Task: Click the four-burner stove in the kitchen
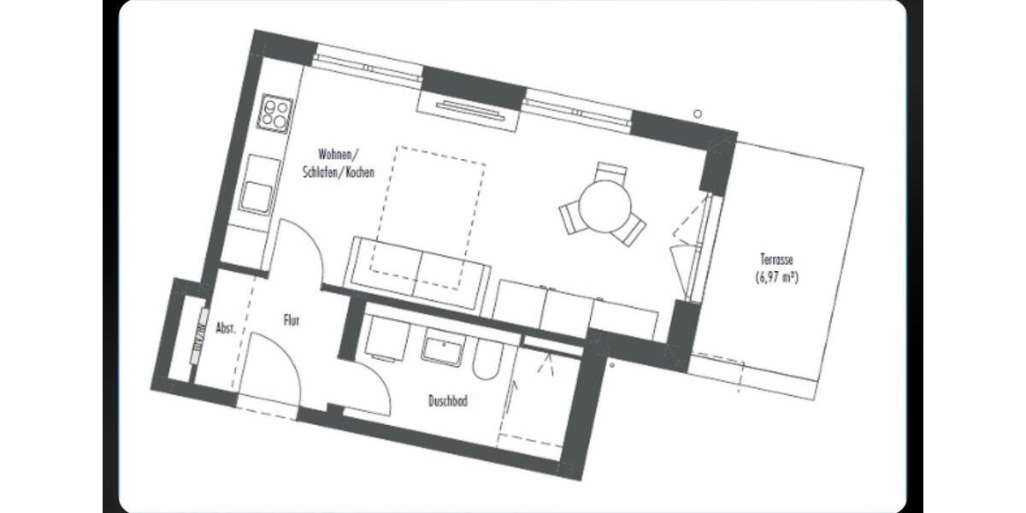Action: (276, 113)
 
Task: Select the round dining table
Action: (604, 206)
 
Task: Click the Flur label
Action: (292, 321)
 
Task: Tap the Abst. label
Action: (226, 327)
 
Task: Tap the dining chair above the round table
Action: (610, 170)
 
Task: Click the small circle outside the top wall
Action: (698, 114)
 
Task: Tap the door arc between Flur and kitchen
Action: (301, 248)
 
